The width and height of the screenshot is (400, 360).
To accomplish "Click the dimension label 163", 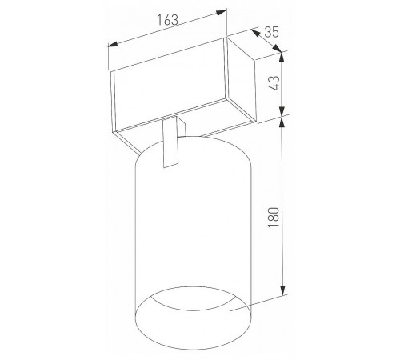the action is pos(167,20).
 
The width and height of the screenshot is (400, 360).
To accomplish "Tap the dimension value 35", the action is pos(271,32).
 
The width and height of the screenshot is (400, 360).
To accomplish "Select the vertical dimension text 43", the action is pos(274,83).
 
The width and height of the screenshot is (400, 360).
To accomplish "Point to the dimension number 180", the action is pos(274,217).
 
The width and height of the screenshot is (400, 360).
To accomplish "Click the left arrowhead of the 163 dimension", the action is pos(113,44).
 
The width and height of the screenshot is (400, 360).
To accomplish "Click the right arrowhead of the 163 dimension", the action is pos(222,13).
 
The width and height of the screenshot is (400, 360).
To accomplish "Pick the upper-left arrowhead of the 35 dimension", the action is pos(255,33).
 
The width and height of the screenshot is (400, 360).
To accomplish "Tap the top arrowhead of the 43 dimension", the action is pos(282,58).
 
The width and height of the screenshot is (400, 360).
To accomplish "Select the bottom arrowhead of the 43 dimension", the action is pos(282,112).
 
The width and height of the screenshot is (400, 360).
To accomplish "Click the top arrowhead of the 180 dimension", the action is pos(282,122).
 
